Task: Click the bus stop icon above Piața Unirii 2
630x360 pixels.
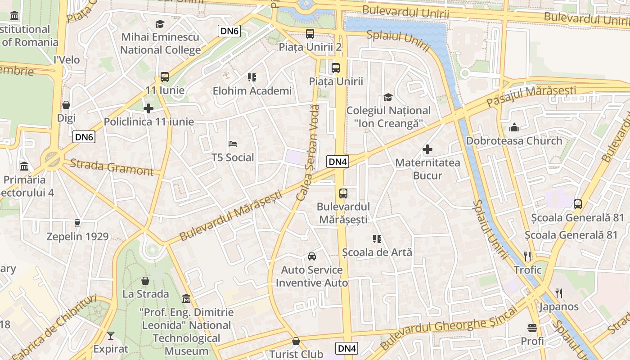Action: (x=310, y=33)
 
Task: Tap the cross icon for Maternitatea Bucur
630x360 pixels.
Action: (x=427, y=149)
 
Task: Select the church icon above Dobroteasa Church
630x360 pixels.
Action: (x=514, y=127)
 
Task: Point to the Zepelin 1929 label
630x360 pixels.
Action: (x=78, y=237)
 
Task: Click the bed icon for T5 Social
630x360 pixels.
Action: (x=233, y=144)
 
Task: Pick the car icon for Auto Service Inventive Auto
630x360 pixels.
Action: (x=311, y=256)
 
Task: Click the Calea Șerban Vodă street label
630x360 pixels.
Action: (x=308, y=153)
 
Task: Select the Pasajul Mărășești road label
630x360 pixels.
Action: (x=531, y=96)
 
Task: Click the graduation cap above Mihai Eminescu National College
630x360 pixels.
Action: (x=160, y=24)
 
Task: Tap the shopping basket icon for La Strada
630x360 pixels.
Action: (x=145, y=281)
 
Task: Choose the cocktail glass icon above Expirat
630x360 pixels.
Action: (x=111, y=335)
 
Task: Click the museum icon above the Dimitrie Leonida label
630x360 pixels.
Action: (x=186, y=298)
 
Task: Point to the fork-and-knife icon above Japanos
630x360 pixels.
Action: (x=559, y=293)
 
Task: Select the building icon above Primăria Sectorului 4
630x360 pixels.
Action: (x=24, y=166)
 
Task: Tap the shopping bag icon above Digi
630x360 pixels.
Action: (x=66, y=105)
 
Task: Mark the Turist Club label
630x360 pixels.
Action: (x=296, y=354)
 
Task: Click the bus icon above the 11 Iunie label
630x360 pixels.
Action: (x=165, y=77)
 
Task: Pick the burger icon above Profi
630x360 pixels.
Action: (x=532, y=328)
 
